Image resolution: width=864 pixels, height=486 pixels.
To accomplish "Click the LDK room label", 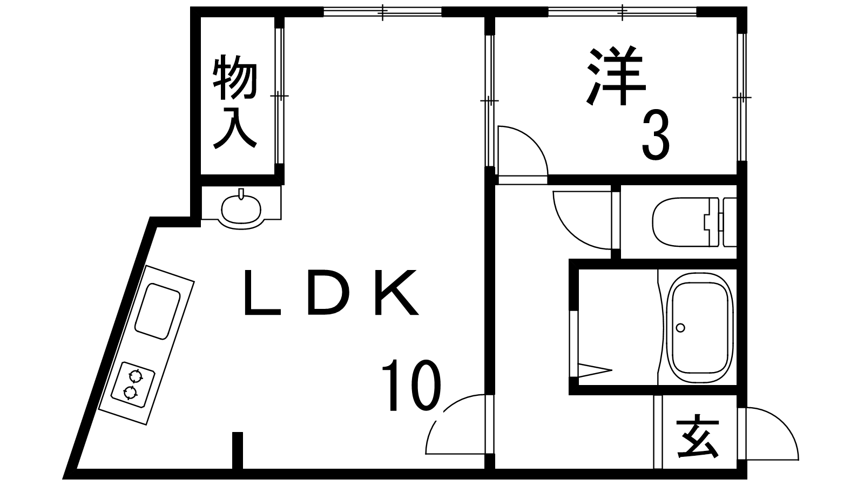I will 330,293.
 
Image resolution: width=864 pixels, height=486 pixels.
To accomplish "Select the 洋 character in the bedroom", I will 616,77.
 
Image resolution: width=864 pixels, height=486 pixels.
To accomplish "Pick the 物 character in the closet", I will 235,79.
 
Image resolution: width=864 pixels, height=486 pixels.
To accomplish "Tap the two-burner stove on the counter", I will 133,383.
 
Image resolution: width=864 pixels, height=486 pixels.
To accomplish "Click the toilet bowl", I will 678,222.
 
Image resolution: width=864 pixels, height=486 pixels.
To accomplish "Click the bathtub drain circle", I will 680,327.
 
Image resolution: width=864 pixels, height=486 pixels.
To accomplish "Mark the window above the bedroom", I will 623,11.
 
